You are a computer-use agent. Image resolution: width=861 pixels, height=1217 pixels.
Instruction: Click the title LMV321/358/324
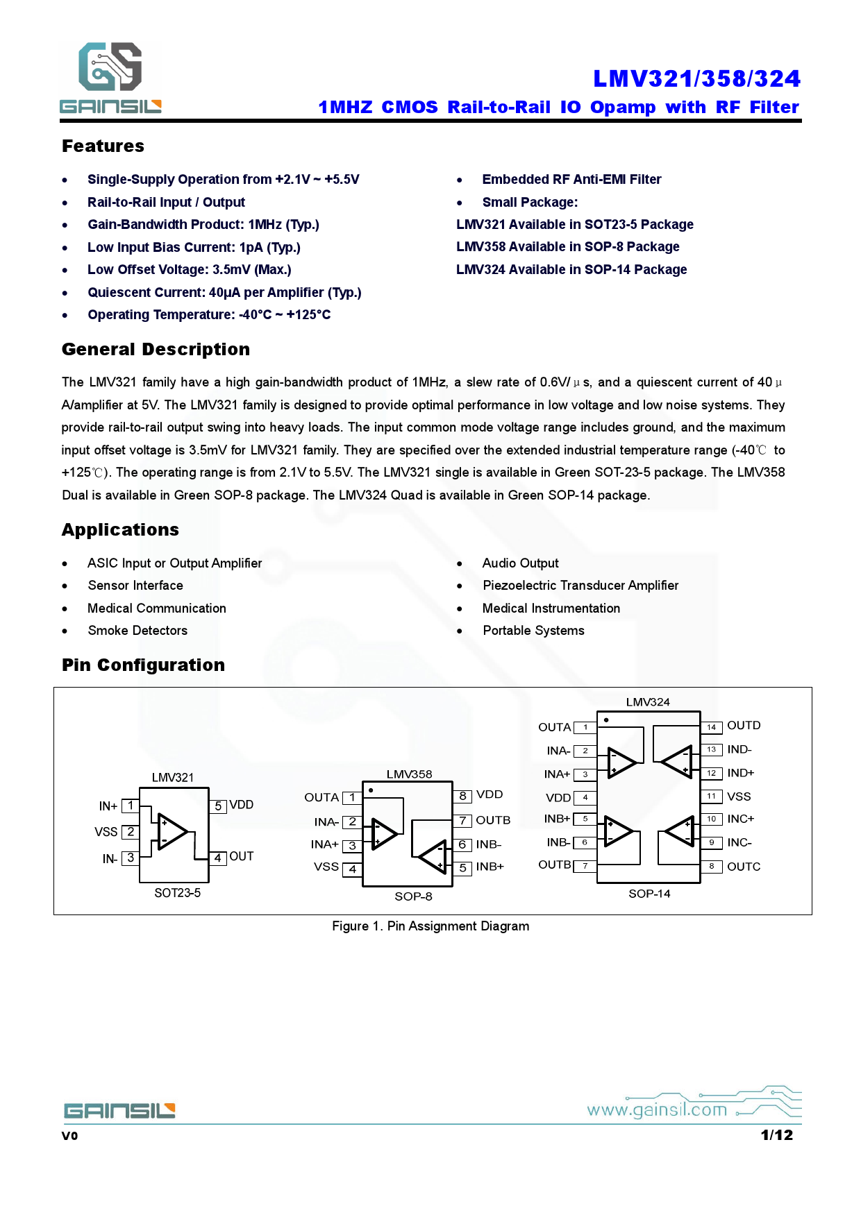pos(696,78)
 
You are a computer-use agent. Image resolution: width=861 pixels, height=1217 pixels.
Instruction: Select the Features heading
pos(103,146)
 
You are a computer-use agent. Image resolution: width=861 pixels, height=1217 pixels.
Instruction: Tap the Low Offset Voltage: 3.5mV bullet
pos(189,269)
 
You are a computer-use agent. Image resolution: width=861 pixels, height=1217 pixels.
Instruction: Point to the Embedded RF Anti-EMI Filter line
pos(571,179)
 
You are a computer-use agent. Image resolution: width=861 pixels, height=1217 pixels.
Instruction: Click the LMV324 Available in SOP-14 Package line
pos(571,269)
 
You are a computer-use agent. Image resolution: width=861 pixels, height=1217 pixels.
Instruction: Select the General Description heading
pos(156,349)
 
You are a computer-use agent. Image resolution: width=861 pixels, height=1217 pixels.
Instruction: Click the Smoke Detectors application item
pos(137,630)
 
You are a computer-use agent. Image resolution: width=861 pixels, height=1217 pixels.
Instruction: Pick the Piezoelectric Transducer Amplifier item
pos(580,585)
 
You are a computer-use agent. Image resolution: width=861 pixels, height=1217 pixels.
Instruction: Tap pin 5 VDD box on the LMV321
pos(218,806)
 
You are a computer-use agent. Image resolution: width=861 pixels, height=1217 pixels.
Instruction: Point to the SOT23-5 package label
pos(177,893)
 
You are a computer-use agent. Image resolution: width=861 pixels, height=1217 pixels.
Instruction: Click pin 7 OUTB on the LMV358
pos(463,821)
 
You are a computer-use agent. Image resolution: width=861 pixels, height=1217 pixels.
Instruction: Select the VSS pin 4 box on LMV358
pos(353,868)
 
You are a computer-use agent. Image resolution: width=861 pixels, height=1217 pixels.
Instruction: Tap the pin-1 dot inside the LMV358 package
pos(371,790)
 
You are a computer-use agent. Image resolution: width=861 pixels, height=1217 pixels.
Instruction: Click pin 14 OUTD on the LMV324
pos(712,726)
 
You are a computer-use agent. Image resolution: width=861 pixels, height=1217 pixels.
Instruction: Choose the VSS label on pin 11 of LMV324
pos(739,797)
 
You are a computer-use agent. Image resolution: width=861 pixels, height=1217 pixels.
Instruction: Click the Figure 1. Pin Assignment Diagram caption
pos(430,926)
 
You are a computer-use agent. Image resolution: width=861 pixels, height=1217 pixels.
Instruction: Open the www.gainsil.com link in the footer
pos(657,1109)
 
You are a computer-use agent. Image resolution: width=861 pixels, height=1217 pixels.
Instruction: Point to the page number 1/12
pos(776,1135)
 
